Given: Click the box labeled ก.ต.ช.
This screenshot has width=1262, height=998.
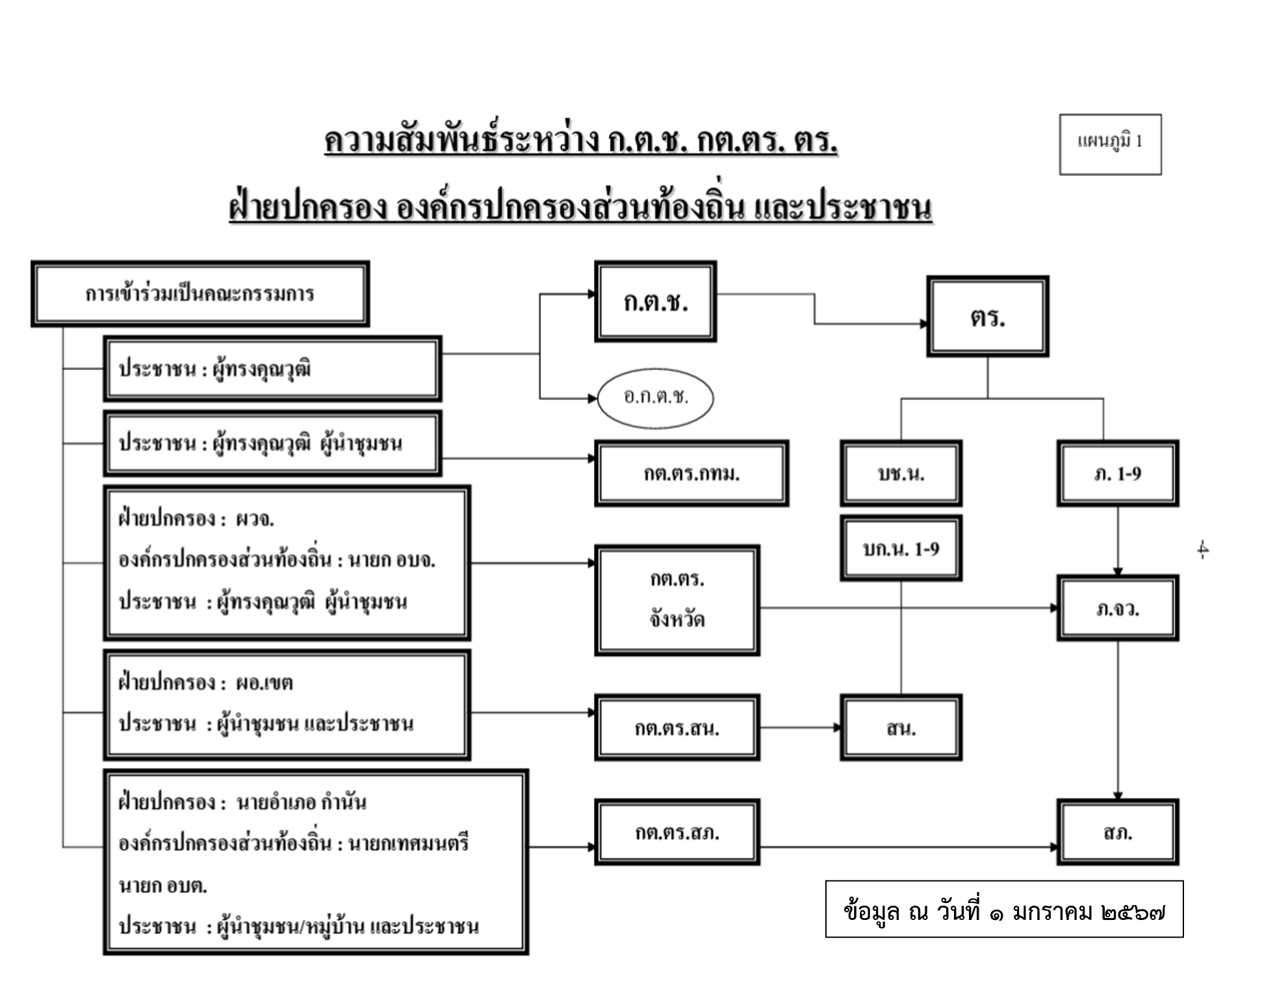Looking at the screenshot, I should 655,302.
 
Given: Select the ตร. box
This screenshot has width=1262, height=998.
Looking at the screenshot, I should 987,317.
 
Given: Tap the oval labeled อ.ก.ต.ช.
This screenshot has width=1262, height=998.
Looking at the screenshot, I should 655,397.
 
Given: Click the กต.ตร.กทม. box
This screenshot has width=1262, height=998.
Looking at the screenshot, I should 691,473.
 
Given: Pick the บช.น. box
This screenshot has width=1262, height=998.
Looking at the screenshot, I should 901,473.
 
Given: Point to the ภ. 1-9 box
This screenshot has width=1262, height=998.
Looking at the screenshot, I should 1117,473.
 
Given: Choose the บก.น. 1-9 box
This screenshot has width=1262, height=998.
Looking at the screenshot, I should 901,549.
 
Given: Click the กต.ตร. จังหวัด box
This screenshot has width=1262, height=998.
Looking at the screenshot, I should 676,600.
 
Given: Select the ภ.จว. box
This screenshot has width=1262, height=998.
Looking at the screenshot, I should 1117,609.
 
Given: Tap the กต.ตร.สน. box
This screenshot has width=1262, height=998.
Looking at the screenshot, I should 676,728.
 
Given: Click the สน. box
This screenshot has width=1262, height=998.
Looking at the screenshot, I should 901,728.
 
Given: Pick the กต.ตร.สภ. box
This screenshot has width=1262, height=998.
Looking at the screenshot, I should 676,832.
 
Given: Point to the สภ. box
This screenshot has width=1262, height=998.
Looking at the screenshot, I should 1117,832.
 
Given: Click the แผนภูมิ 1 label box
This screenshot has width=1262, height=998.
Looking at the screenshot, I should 1110,144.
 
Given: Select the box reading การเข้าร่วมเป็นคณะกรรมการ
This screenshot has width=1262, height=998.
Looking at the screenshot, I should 200,294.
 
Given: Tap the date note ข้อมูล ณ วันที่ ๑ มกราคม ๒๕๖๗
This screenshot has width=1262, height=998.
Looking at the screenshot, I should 1004,909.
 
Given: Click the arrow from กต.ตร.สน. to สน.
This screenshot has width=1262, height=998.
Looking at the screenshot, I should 800,728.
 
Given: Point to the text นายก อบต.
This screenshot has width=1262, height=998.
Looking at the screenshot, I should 163,886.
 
